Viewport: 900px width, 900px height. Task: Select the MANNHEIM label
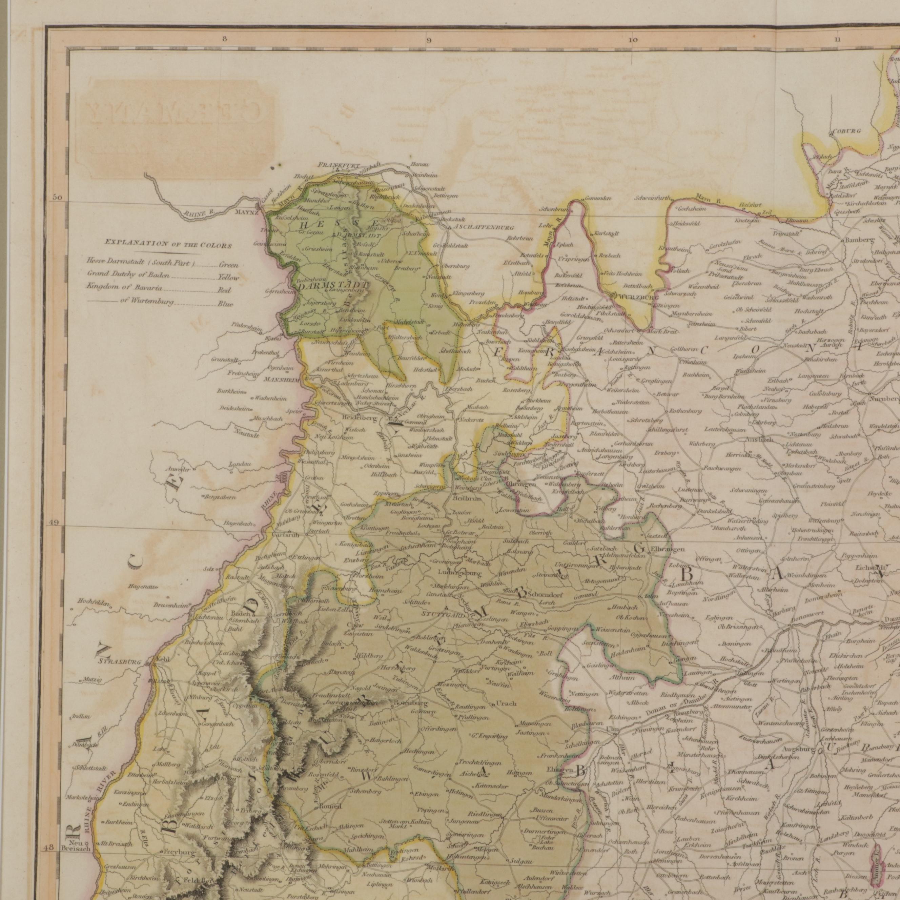point(282,379)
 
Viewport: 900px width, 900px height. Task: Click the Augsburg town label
point(799,750)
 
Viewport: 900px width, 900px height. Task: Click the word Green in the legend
point(229,265)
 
